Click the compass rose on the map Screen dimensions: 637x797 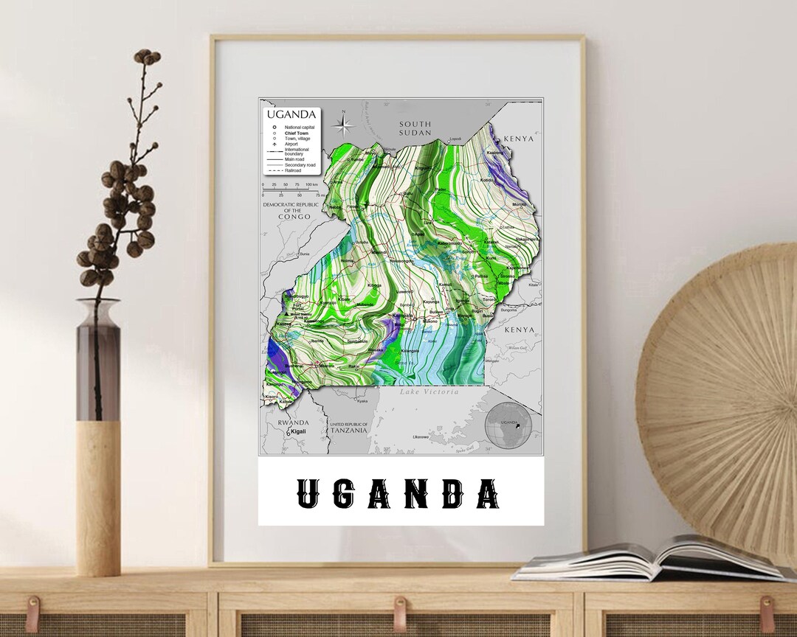click(x=343, y=123)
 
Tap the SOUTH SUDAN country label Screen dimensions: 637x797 click(x=414, y=128)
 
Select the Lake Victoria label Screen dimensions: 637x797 click(x=429, y=392)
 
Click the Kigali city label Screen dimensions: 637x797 click(x=297, y=431)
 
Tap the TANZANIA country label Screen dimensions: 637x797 click(x=348, y=430)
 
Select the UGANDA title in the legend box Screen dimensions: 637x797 click(x=291, y=114)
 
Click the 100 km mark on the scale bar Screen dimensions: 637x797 click(x=312, y=184)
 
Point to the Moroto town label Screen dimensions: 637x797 click(x=520, y=204)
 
